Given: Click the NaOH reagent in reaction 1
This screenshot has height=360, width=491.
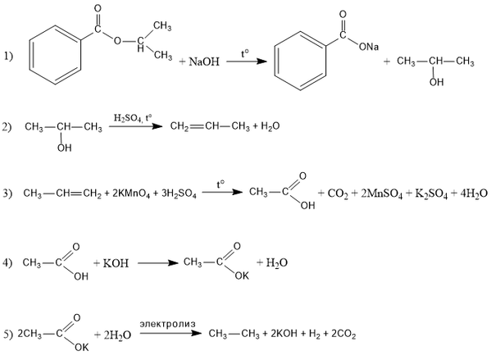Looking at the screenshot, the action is [x=204, y=62].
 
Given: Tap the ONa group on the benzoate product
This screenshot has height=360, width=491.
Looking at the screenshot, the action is [x=369, y=47].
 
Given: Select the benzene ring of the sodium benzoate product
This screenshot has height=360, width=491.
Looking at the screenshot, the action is [x=300, y=61].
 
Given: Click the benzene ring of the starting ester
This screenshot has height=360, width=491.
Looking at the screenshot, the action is [x=56, y=55].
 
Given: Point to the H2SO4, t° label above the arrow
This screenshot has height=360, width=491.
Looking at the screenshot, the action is [x=133, y=118].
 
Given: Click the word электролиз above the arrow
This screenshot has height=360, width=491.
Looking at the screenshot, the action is [x=167, y=324].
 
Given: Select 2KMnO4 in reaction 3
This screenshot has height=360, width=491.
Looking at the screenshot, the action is [x=131, y=194].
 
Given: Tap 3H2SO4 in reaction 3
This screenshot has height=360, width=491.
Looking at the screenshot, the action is [x=180, y=194].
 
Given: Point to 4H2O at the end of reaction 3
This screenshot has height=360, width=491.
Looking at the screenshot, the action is [x=474, y=194].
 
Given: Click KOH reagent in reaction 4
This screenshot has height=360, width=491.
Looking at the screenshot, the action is [x=116, y=263].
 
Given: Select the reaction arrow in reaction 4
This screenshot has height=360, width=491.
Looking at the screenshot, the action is [x=158, y=263].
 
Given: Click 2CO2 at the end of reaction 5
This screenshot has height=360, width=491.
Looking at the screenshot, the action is [x=343, y=335].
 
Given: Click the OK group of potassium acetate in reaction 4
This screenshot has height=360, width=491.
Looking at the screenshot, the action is [x=242, y=276].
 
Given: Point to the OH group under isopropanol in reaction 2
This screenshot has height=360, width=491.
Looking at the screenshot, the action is [x=64, y=148].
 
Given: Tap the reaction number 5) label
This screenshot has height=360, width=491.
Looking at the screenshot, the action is [x=7, y=335].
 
